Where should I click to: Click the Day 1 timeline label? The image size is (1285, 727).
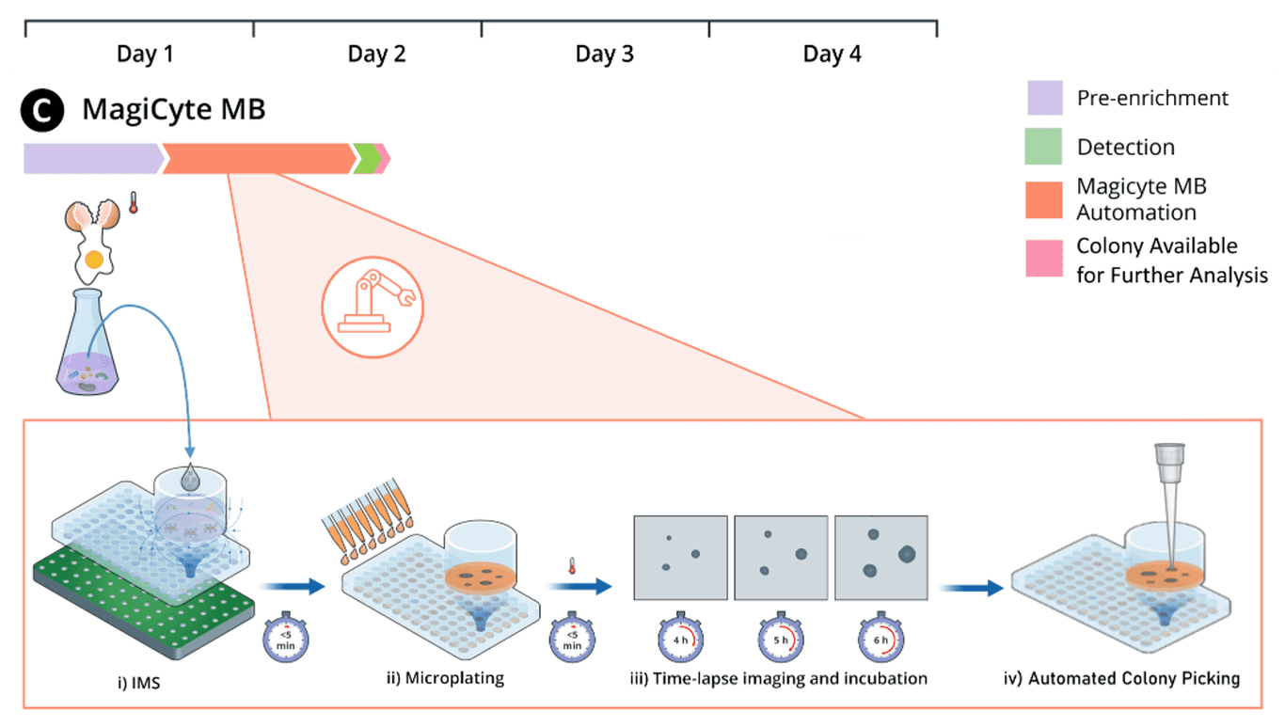[x=145, y=54]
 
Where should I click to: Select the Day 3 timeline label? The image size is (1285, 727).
[x=604, y=54]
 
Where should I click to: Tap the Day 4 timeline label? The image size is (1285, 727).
[x=832, y=54]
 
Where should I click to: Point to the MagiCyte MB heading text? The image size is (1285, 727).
[x=174, y=110]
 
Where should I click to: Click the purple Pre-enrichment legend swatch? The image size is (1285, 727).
[x=1044, y=98]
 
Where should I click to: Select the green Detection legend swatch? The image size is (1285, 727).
[x=1044, y=147]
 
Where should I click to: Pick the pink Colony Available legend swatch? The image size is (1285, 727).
[x=1044, y=258]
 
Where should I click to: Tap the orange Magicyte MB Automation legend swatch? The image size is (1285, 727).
[x=1044, y=199]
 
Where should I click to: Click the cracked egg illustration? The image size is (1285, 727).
[x=94, y=235]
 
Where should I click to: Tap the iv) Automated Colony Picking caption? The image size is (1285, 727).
[x=1134, y=678]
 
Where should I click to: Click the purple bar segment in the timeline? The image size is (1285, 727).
[x=91, y=159]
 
